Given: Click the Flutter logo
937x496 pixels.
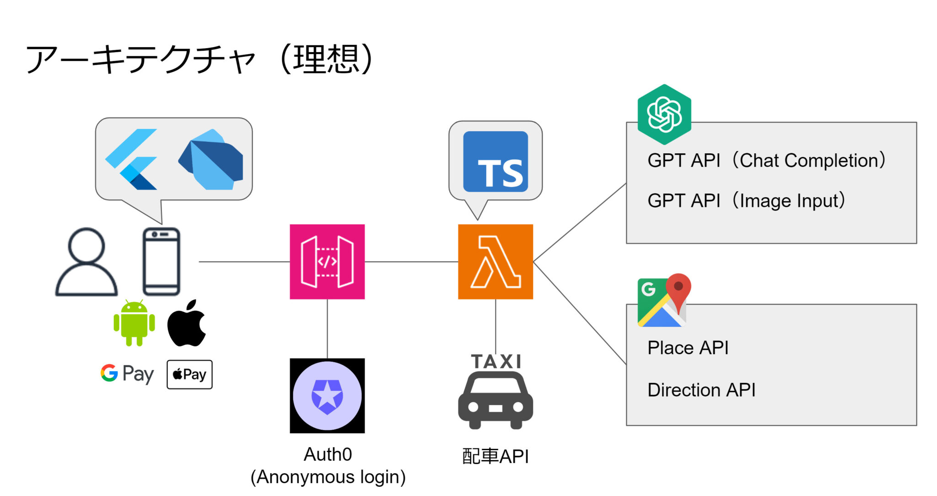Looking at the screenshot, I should click(x=131, y=159).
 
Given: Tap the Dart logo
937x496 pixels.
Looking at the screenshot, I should click(x=211, y=160).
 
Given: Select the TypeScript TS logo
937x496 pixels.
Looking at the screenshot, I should click(x=495, y=162).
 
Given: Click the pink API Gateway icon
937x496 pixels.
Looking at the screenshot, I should click(x=327, y=262).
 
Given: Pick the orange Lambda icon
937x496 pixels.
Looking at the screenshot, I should click(x=495, y=262).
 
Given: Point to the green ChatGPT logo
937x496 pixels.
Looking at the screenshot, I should click(x=664, y=114).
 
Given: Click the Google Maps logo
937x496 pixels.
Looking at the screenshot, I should click(x=664, y=301).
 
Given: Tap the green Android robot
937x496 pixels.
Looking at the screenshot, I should click(x=134, y=323).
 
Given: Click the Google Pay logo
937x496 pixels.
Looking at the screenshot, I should click(x=127, y=374).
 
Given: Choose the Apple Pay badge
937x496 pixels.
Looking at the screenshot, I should click(x=189, y=374).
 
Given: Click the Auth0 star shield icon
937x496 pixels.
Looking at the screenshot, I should click(x=327, y=396).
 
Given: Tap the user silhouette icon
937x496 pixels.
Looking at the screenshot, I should click(x=86, y=262).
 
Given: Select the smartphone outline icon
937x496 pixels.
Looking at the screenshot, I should click(x=162, y=262).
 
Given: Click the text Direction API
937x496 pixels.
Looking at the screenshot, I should click(x=701, y=390).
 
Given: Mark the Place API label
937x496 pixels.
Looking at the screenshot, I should click(x=688, y=348).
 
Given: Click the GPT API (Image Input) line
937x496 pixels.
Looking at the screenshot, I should click(x=746, y=201).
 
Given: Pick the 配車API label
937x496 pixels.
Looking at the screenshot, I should click(x=495, y=456).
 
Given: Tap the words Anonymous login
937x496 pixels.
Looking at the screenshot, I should click(x=328, y=477).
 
